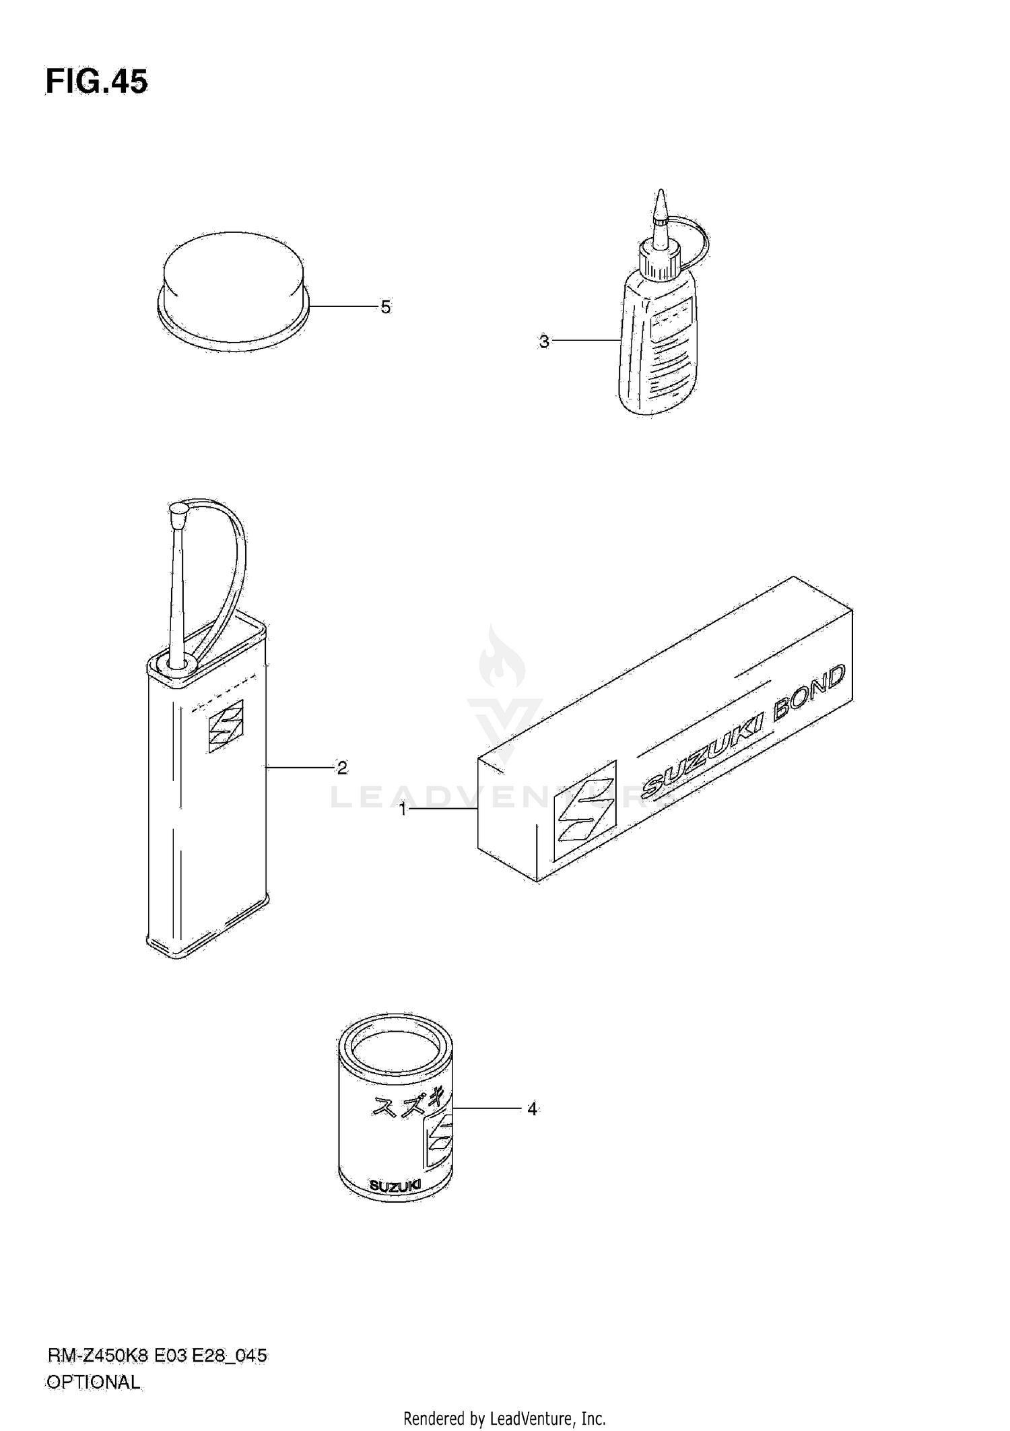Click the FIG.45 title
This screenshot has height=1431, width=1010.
pyautogui.click(x=96, y=82)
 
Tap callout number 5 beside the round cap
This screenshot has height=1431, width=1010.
pyautogui.click(x=385, y=307)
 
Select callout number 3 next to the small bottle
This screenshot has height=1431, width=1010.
pyautogui.click(x=544, y=341)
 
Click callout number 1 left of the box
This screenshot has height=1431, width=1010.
pyautogui.click(x=403, y=809)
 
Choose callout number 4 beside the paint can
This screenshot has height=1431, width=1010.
pyautogui.click(x=532, y=1108)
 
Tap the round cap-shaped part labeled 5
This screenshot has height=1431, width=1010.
pyautogui.click(x=232, y=290)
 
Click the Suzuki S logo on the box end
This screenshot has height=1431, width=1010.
pyautogui.click(x=584, y=810)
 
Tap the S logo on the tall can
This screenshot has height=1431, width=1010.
pyautogui.click(x=226, y=726)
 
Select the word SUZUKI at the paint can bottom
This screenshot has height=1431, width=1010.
pyautogui.click(x=395, y=1203)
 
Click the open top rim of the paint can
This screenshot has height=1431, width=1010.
pyautogui.click(x=395, y=1047)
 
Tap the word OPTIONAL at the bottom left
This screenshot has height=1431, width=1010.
pyautogui.click(x=93, y=1382)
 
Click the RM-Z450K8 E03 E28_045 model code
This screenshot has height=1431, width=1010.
pyautogui.click(x=157, y=1356)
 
